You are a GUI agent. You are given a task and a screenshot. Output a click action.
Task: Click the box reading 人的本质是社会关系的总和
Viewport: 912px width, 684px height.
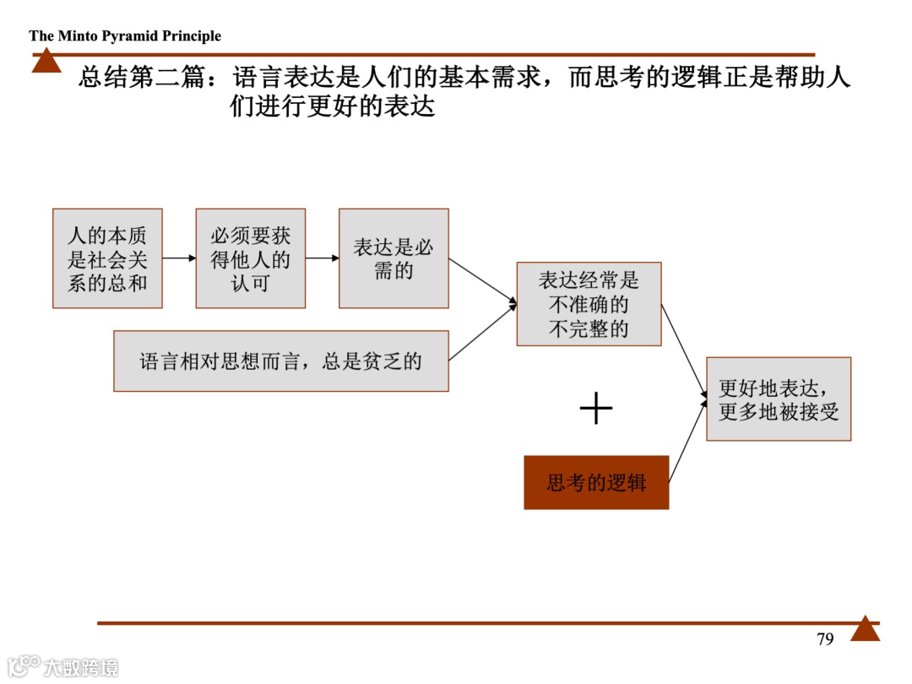[107, 258]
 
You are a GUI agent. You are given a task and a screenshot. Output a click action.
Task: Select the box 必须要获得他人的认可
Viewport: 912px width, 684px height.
[250, 258]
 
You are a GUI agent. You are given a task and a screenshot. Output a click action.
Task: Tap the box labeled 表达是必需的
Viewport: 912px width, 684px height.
[394, 258]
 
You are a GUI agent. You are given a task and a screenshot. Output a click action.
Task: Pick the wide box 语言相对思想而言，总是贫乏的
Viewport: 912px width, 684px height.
[280, 361]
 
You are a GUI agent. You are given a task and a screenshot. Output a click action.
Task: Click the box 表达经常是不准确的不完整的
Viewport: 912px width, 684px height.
[589, 304]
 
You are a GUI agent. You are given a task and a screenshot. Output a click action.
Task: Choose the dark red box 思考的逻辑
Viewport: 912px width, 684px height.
[596, 483]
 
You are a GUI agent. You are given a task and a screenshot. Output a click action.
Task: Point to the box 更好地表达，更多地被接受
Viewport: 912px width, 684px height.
[779, 399]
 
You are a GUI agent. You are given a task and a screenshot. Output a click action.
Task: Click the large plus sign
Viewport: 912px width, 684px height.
[596, 409]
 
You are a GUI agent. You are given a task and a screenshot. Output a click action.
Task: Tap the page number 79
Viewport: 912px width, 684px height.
[825, 639]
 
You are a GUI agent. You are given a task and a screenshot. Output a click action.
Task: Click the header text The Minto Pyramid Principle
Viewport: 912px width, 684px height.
[125, 36]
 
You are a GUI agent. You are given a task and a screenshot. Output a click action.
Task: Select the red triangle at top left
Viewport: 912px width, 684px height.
[46, 62]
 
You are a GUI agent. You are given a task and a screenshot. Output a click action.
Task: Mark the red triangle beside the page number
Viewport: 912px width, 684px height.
[865, 629]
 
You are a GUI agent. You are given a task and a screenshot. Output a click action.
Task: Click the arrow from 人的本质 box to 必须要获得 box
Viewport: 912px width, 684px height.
[179, 258]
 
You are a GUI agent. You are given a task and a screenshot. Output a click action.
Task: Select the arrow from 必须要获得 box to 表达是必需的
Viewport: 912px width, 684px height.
[322, 258]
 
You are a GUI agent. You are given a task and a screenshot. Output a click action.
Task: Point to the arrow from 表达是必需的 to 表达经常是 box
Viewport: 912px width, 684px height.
[482, 280]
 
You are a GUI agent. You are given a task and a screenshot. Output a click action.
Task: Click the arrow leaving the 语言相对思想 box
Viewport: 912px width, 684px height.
[482, 333]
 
